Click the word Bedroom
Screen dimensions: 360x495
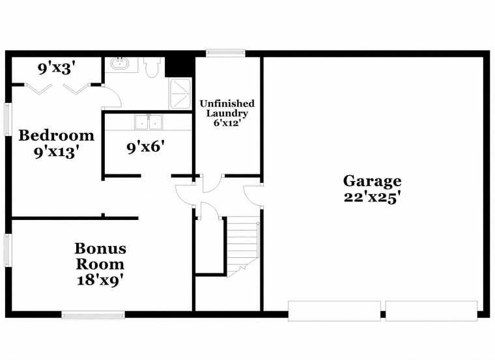(56, 135)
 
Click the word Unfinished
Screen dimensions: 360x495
(227, 104)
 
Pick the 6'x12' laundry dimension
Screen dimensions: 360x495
(227, 122)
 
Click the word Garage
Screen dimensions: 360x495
(373, 181)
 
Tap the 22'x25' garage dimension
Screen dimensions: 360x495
(373, 197)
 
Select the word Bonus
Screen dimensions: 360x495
(100, 248)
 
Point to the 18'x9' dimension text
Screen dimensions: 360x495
(100, 281)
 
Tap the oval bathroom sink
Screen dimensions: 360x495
(120, 64)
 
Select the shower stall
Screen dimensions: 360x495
(180, 93)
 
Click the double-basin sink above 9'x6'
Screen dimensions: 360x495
(148, 122)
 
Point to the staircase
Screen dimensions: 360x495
(242, 244)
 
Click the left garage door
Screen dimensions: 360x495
(335, 311)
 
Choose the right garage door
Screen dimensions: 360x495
(431, 311)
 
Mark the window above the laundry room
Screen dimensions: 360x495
(225, 52)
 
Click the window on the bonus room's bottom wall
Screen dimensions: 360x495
(93, 316)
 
